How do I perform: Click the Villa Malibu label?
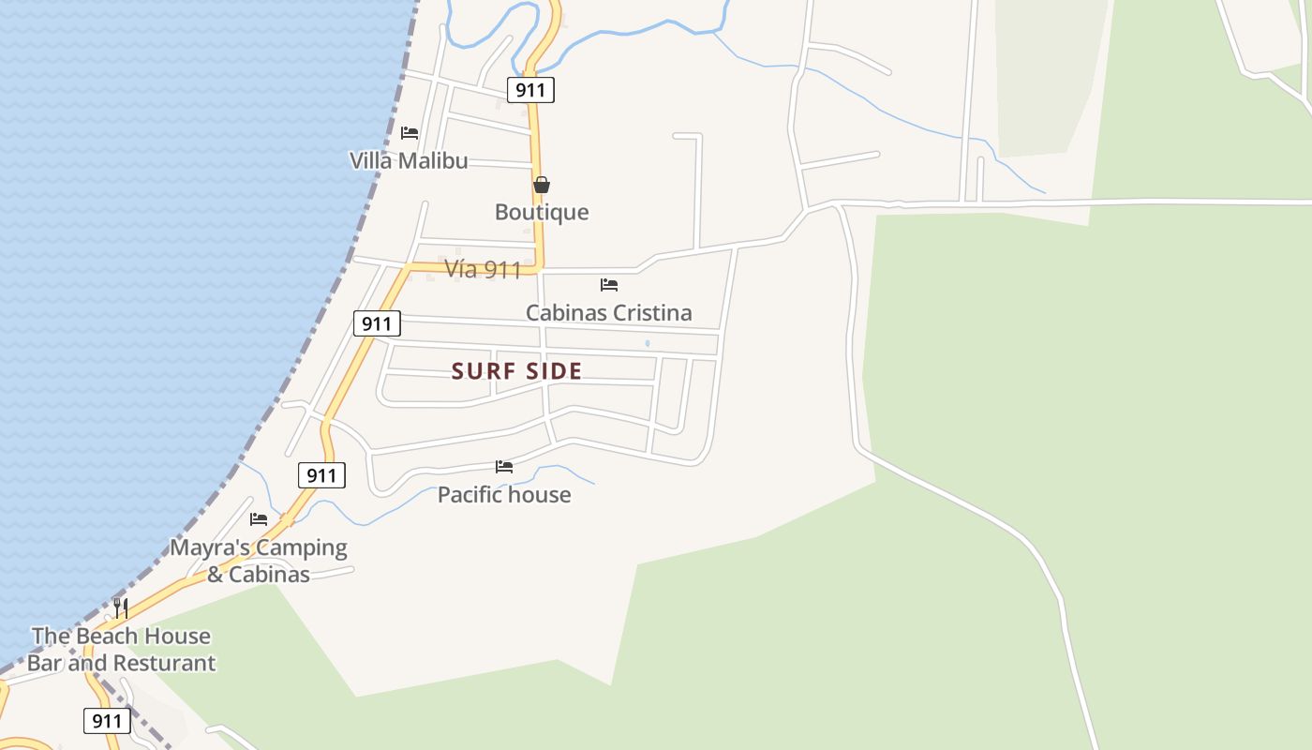pyautogui.click(x=409, y=160)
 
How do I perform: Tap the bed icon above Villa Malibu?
pyautogui.click(x=410, y=133)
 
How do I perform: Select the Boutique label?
pyautogui.click(x=542, y=212)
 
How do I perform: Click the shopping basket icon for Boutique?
pyautogui.click(x=542, y=185)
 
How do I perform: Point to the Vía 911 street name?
pyautogui.click(x=483, y=270)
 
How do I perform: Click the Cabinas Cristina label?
pyautogui.click(x=608, y=313)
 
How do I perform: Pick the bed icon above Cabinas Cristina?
pyautogui.click(x=609, y=285)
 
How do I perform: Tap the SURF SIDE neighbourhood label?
pyautogui.click(x=517, y=371)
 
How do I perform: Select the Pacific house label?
pyautogui.click(x=504, y=495)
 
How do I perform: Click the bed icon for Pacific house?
pyautogui.click(x=504, y=467)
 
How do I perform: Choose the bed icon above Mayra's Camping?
pyautogui.click(x=259, y=519)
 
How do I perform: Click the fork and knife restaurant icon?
pyautogui.click(x=120, y=607)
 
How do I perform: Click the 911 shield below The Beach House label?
pyautogui.click(x=108, y=721)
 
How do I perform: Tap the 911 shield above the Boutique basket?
pyautogui.click(x=531, y=90)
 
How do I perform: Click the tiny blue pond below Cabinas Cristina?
pyautogui.click(x=648, y=344)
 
